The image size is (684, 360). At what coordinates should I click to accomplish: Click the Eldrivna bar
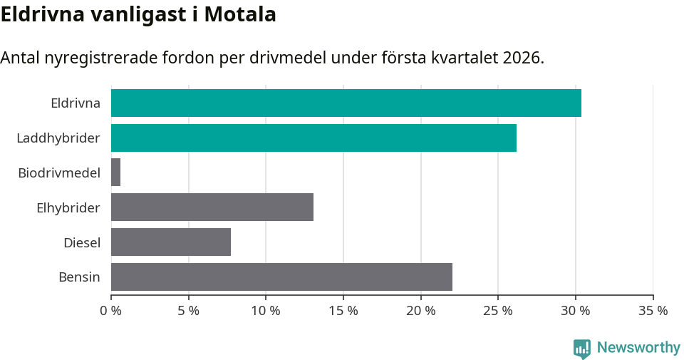346,103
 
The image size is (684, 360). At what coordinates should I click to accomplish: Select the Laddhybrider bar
313,138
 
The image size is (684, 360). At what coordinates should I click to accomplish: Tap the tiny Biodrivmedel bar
115,173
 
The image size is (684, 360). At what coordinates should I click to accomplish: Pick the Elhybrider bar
212,207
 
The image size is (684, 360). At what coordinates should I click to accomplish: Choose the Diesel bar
171,242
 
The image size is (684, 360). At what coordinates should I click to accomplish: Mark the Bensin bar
281,277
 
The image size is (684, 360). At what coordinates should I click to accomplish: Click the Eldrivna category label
76,103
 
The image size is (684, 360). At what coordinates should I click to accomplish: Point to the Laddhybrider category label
58,138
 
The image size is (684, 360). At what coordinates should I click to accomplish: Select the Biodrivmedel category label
59,173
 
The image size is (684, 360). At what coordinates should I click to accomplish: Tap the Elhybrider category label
68,207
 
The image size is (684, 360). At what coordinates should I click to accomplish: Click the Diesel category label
82,242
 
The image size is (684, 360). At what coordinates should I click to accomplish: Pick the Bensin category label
79,277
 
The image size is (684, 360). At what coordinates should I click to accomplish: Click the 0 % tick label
111,311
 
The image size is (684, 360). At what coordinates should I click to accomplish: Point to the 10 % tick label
266,311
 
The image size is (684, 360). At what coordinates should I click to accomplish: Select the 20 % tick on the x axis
421,311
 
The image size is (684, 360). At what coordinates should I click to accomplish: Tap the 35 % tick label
653,311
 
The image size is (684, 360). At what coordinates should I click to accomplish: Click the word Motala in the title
240,14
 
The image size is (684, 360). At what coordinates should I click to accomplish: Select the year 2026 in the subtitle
521,58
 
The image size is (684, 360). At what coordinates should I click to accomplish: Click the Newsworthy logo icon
582,348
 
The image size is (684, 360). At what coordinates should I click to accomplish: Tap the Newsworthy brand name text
638,348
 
